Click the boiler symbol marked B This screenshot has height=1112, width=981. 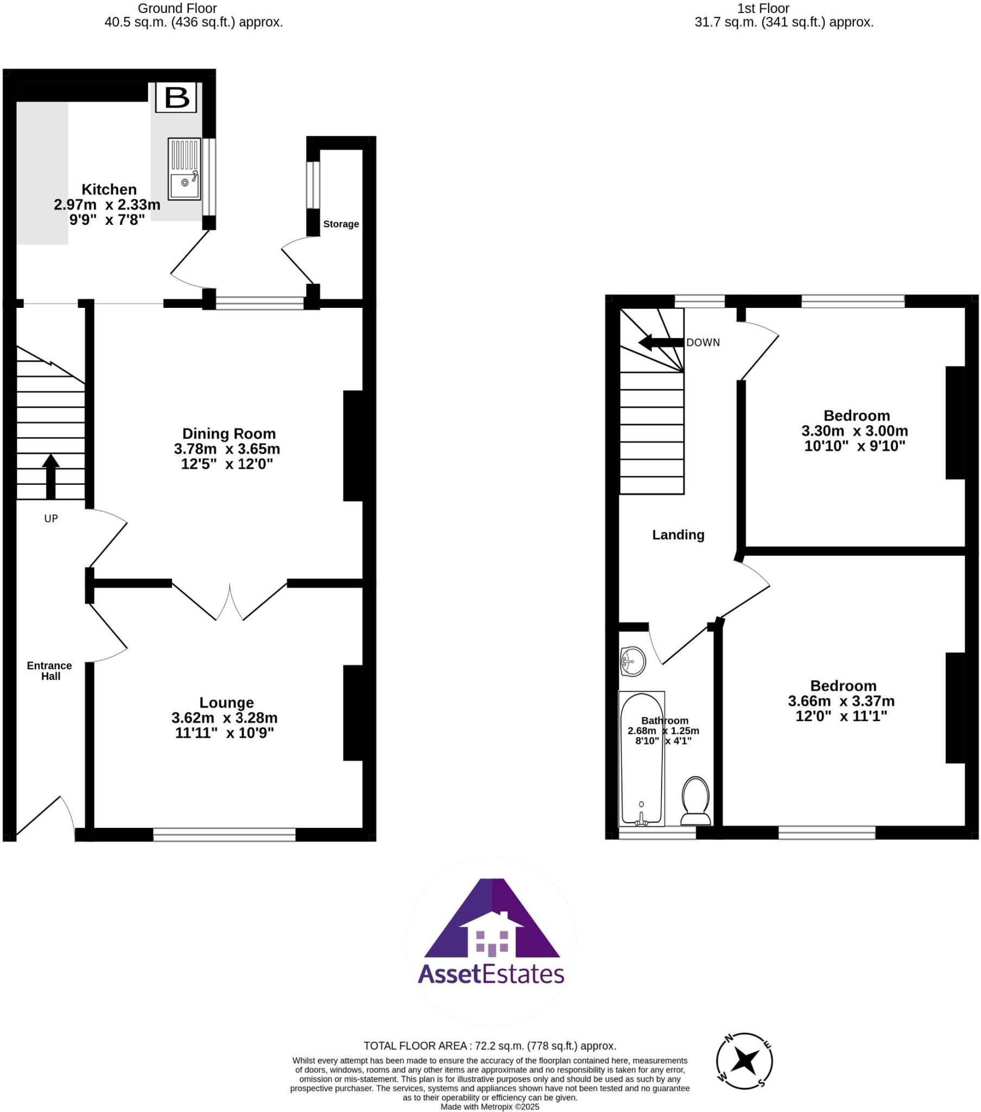coord(176,98)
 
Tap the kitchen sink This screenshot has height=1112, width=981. coord(184,169)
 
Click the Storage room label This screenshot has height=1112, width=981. coord(340,224)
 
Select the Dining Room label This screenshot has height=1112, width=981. coord(229,434)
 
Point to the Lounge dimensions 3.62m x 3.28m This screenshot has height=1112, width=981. coord(224,718)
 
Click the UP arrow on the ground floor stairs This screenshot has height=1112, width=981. coord(50,477)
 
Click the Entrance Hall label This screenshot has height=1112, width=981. coord(49,671)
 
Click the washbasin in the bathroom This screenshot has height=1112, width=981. coord(632,662)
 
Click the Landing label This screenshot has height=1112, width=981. coord(678,535)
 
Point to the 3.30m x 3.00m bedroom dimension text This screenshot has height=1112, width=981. coord(854,431)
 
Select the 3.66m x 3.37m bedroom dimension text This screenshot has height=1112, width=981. coord(841,702)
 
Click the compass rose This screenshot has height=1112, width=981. coord(744,1061)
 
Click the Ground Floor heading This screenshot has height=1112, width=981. coord(177,9)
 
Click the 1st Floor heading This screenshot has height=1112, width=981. coord(763,9)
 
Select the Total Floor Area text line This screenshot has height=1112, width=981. coord(490,1045)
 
